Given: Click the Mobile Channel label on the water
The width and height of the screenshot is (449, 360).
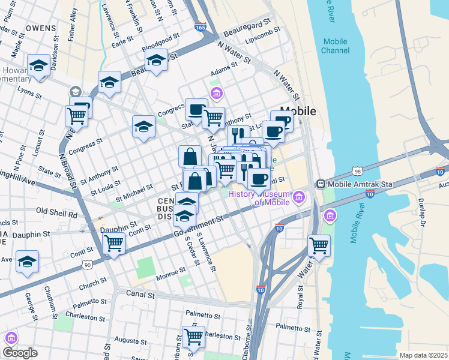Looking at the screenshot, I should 335,46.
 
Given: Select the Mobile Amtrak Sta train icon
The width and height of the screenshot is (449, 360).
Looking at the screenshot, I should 321,184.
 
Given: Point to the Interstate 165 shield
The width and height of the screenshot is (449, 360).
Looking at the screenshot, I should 201,27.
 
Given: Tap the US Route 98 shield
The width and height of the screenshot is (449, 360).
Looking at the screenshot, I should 357,170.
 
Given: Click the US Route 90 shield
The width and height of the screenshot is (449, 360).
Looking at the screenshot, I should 88,264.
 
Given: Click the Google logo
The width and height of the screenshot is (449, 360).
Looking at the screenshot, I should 20,352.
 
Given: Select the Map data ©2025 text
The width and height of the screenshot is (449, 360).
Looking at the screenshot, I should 423,355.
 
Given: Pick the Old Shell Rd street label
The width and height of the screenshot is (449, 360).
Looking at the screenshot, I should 57,212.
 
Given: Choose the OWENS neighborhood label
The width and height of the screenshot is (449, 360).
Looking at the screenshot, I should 41,28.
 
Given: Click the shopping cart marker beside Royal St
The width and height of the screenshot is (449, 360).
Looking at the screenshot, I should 319,245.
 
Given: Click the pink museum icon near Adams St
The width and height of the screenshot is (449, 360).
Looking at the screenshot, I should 216,92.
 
